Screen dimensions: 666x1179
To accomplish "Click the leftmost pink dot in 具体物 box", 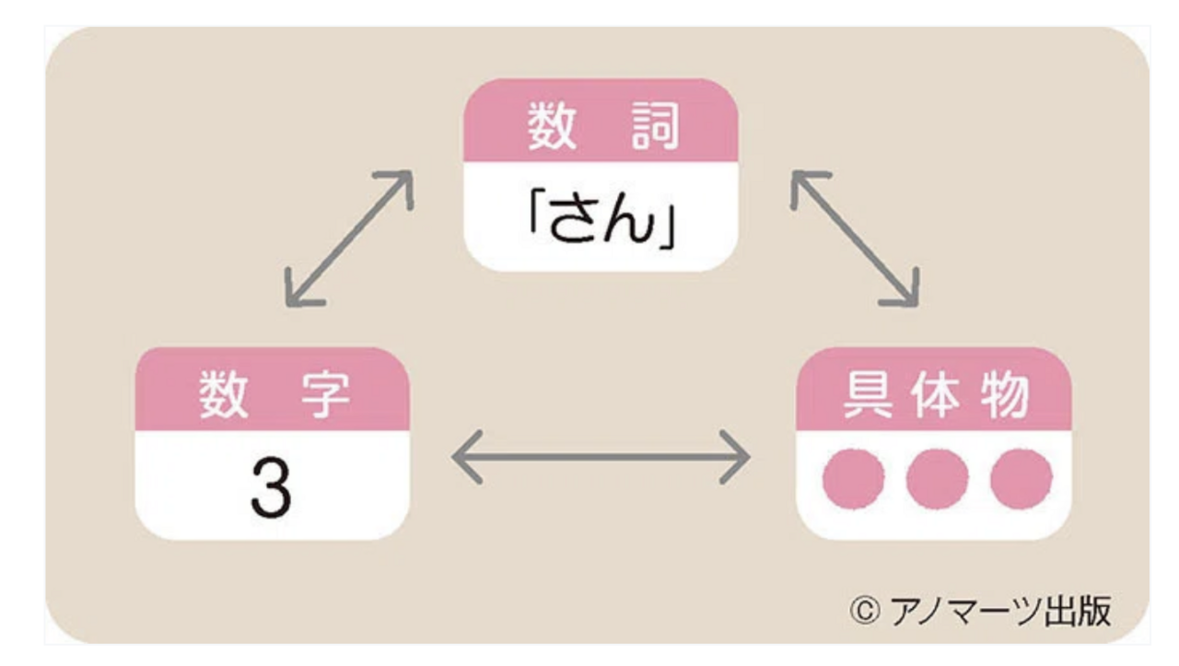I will (853, 480).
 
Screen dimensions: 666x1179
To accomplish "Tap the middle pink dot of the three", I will (937, 480).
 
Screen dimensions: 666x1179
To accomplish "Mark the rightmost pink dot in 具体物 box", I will (1021, 480).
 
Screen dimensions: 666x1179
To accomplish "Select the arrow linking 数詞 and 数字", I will (348, 239).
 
